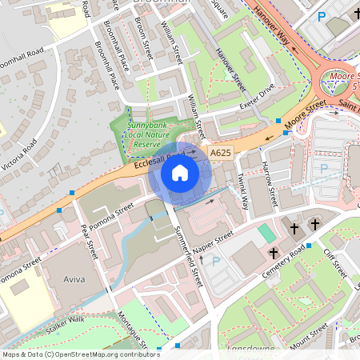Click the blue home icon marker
pyautogui.click(x=180, y=172)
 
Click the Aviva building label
pyautogui.click(x=73, y=281)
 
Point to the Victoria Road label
pyautogui.click(x=22, y=159)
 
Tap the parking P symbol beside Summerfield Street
pyautogui.click(x=214, y=262)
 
